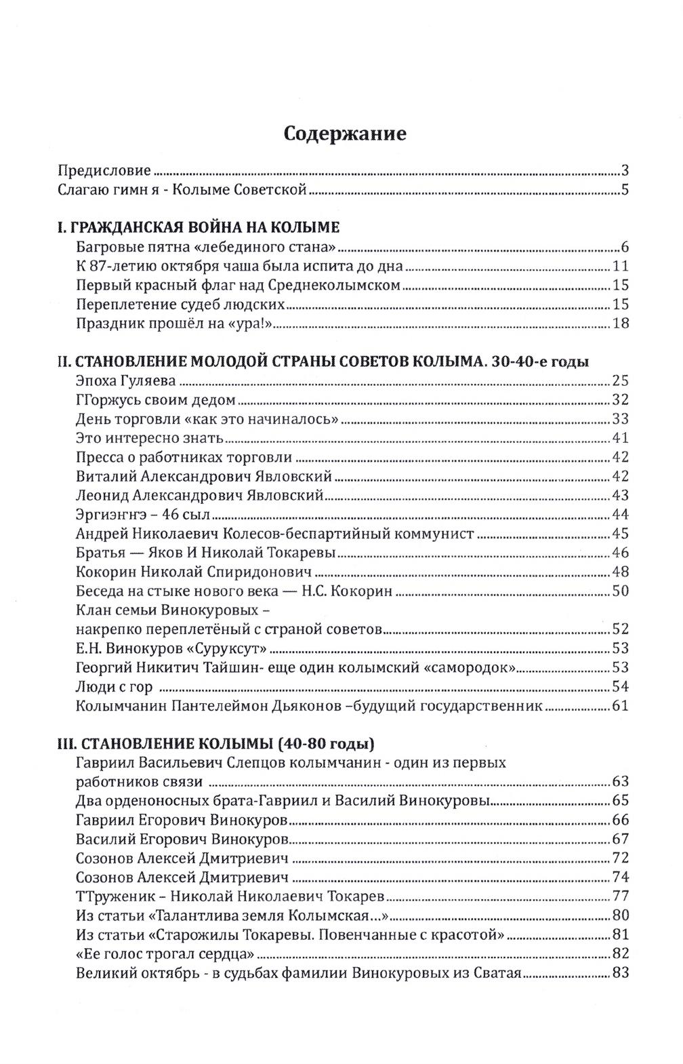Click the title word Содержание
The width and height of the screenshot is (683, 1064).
(345, 134)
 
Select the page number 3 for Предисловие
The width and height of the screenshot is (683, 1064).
(625, 170)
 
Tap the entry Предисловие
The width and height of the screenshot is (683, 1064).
(104, 170)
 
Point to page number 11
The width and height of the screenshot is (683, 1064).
(621, 265)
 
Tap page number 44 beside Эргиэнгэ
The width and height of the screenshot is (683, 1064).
(621, 513)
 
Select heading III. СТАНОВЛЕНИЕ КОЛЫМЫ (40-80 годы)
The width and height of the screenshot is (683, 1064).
(215, 743)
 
